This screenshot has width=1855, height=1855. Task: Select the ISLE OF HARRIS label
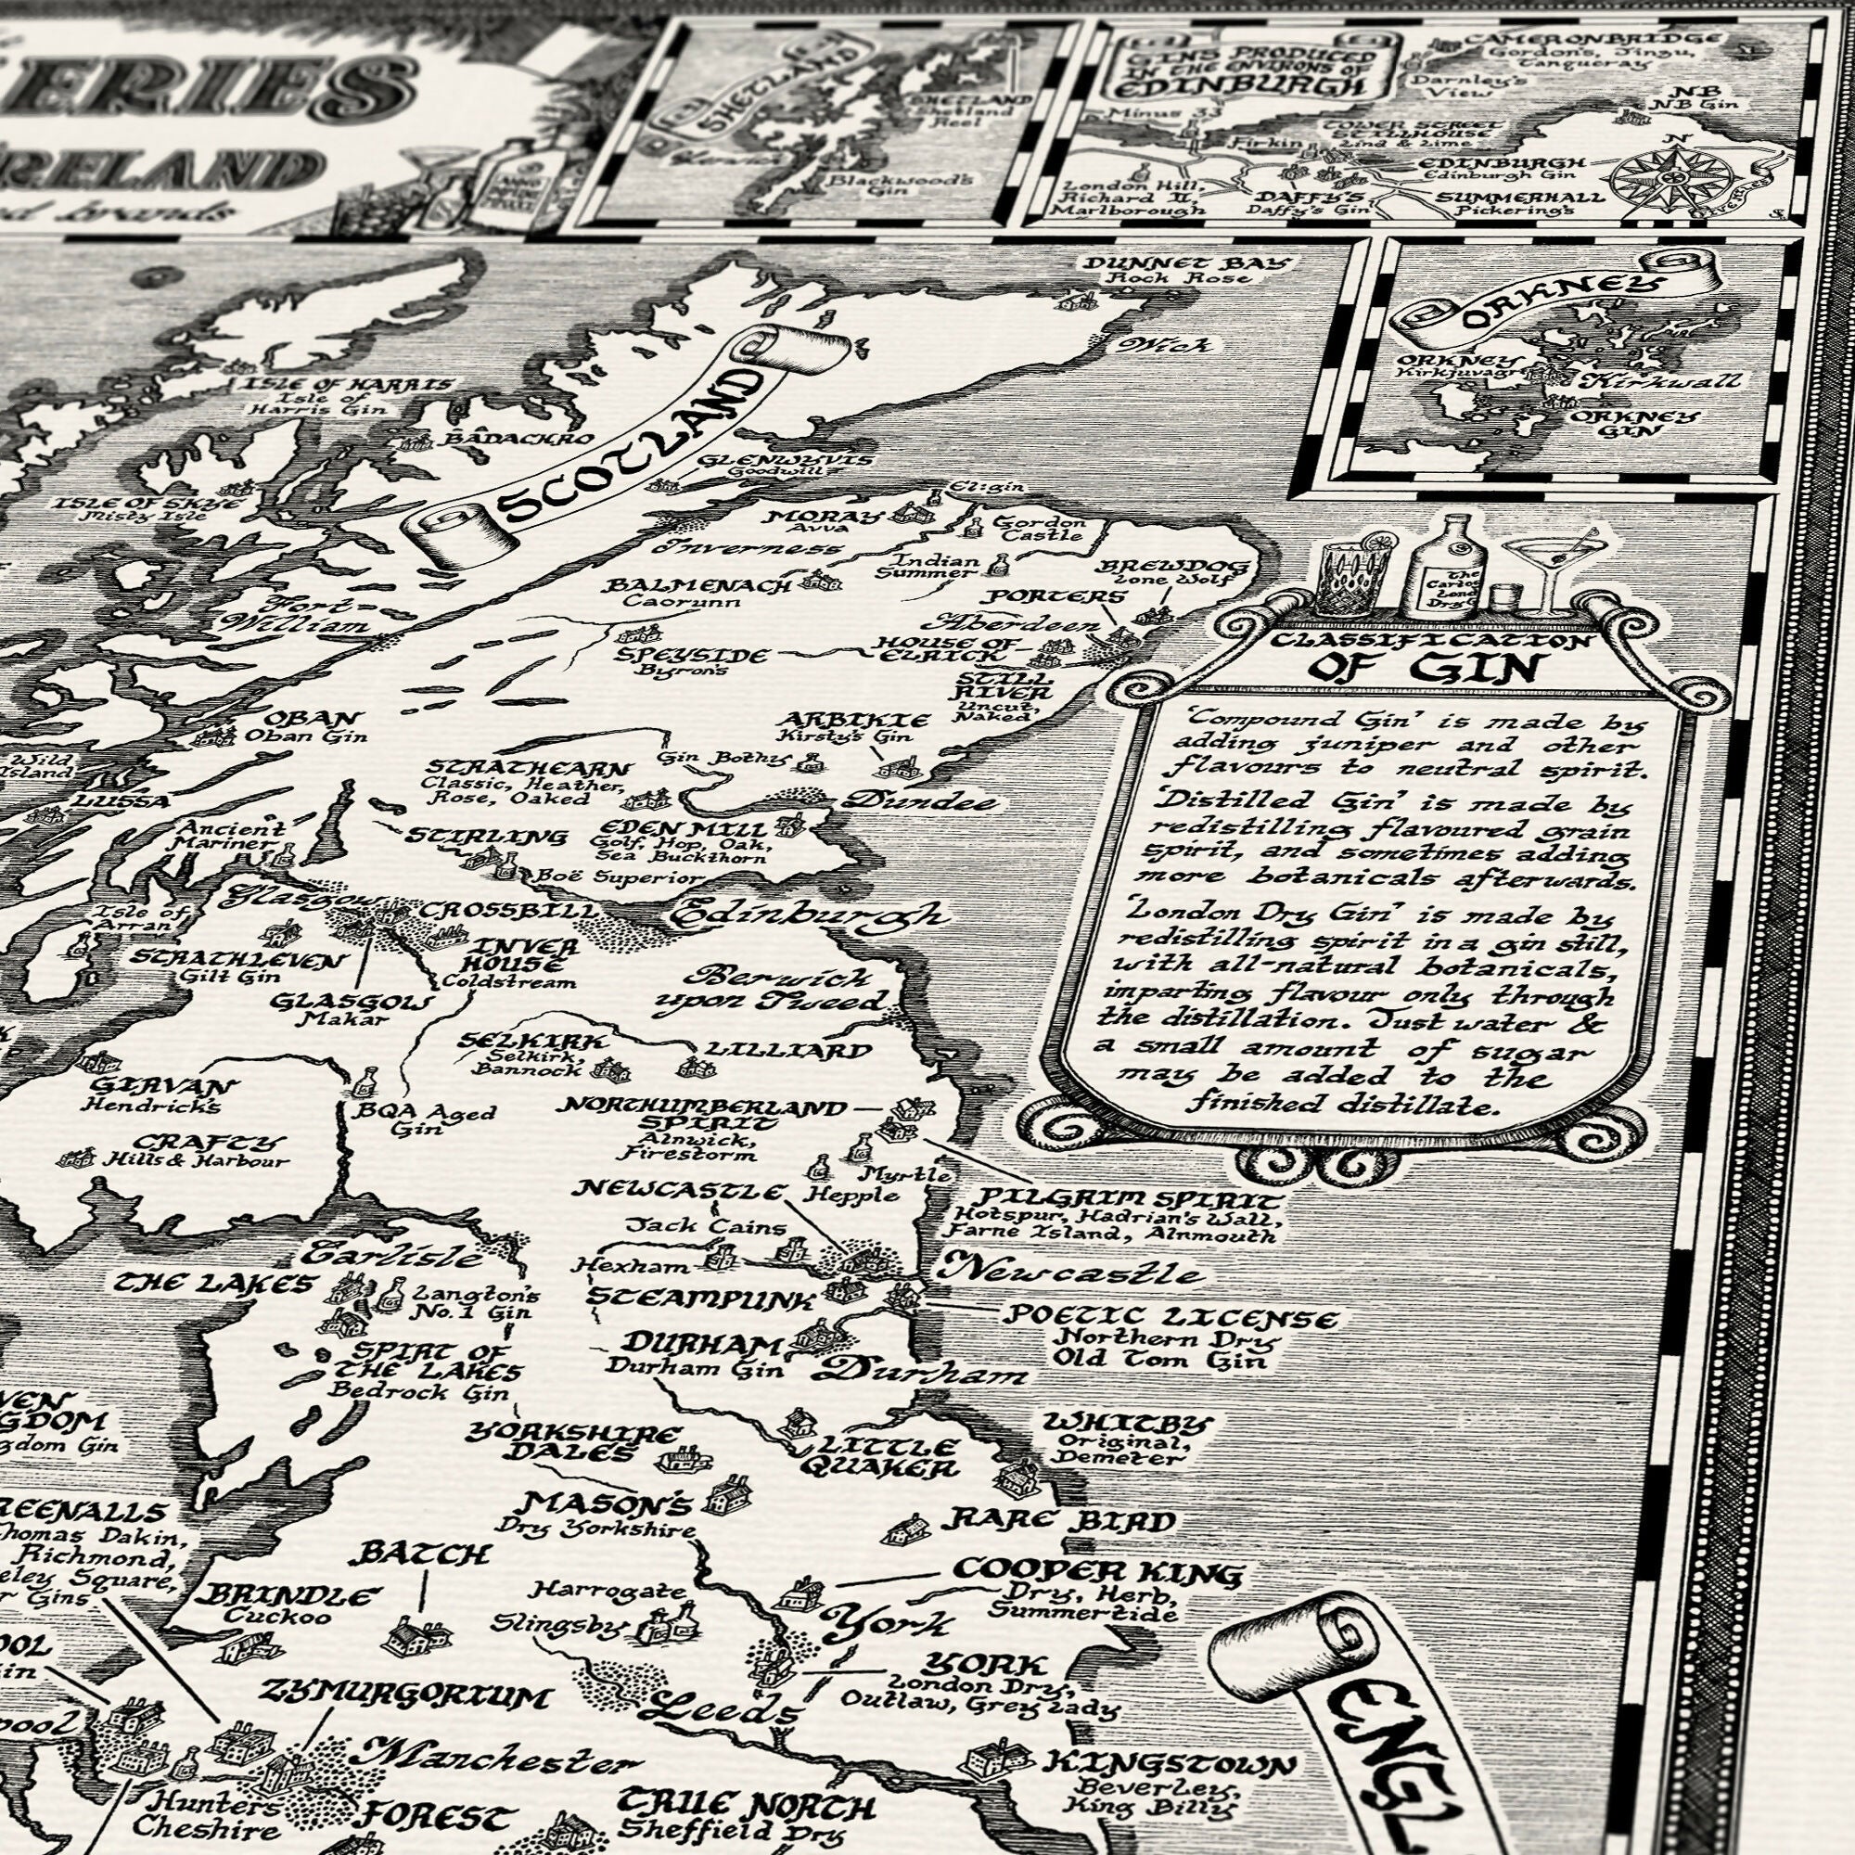[348, 386]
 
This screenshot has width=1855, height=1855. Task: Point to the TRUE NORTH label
[745, 1805]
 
